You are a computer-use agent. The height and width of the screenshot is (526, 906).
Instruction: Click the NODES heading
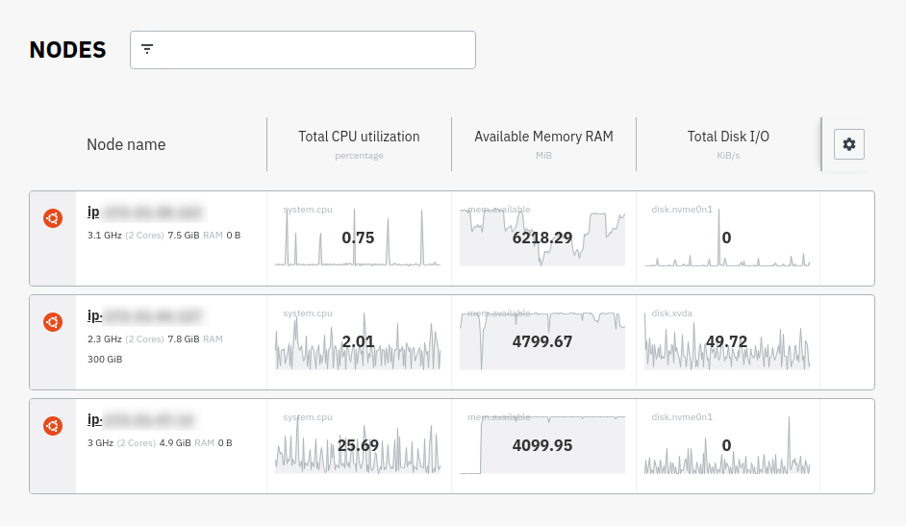click(67, 50)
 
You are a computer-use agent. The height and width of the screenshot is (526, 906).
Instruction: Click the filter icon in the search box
click(147, 49)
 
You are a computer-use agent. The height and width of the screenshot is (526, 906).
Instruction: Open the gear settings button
click(848, 144)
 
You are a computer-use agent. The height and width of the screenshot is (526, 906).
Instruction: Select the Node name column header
click(126, 144)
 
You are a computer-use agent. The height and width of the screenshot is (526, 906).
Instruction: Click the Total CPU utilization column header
click(359, 137)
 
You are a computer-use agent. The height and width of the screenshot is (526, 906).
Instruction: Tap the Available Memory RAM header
click(543, 137)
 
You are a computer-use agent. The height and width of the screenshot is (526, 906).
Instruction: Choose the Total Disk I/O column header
click(728, 137)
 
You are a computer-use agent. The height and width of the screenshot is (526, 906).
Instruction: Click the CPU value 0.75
click(358, 238)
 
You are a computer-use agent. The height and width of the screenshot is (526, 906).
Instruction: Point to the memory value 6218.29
click(542, 238)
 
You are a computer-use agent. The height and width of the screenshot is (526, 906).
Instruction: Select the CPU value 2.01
click(358, 341)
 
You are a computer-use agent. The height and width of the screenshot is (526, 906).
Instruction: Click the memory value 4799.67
click(542, 341)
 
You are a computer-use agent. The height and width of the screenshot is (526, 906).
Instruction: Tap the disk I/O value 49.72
click(726, 341)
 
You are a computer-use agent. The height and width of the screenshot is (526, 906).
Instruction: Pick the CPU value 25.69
click(358, 445)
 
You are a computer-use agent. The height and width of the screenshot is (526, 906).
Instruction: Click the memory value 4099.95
click(542, 445)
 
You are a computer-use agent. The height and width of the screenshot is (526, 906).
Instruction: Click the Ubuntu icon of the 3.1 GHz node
click(53, 219)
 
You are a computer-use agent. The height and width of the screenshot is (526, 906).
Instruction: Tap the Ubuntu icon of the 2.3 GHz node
click(53, 323)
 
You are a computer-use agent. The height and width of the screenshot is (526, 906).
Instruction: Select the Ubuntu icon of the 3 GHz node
click(53, 426)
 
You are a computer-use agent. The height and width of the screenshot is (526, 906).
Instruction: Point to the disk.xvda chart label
click(672, 313)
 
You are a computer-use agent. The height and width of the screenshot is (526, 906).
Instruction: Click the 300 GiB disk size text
click(105, 359)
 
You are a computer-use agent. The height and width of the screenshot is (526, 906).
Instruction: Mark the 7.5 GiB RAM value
click(183, 235)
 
